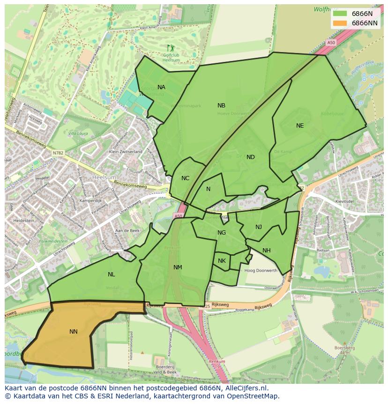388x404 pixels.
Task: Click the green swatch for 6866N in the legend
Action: (340, 14)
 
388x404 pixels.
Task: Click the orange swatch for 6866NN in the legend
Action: (340, 23)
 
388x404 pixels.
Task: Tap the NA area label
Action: (161, 87)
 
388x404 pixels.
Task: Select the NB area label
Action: (221, 106)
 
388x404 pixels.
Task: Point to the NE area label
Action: (300, 126)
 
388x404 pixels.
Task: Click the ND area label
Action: (251, 157)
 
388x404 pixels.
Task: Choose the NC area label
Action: (185, 178)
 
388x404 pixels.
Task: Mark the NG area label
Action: (222, 233)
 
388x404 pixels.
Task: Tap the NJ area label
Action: (259, 227)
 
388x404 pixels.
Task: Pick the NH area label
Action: (266, 251)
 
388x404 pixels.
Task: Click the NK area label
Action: (222, 261)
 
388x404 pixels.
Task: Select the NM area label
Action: (178, 267)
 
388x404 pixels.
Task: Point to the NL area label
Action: (111, 274)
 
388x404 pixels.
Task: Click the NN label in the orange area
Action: (74, 332)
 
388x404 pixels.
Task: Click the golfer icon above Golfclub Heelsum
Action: (170, 48)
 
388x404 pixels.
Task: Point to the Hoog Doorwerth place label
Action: (261, 271)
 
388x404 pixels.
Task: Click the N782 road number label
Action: (58, 152)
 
